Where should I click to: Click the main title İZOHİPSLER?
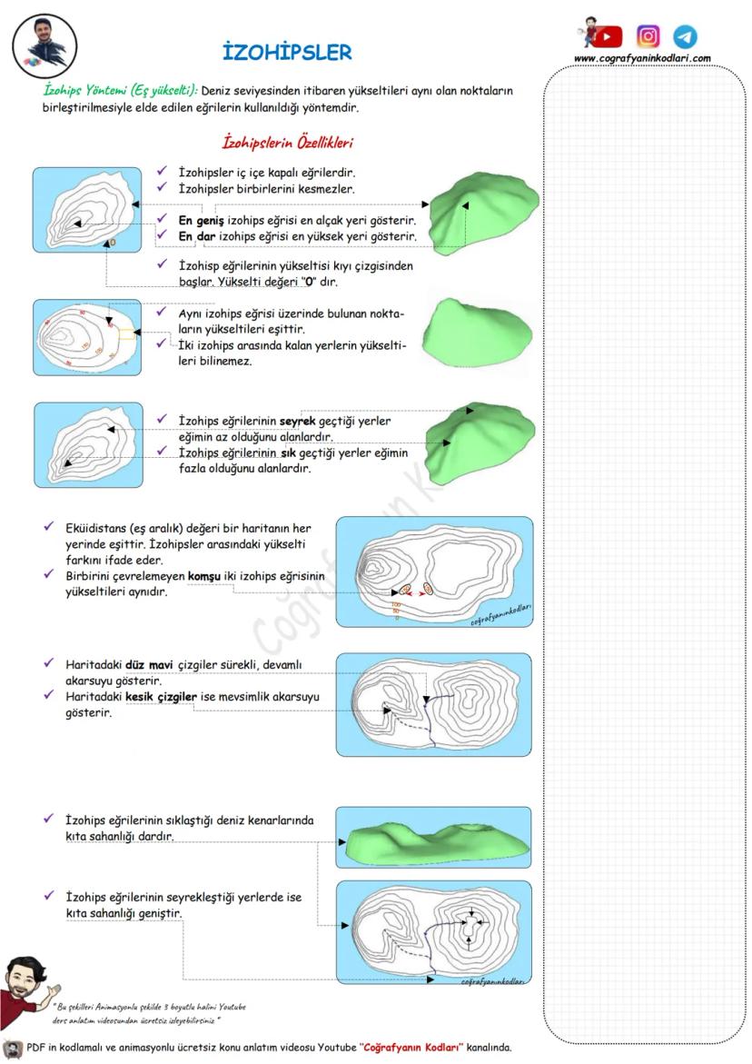pos(286,53)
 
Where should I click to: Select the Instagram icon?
pos(648,36)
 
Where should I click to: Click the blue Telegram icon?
pos(685,36)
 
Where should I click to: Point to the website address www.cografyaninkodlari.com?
pos(642,59)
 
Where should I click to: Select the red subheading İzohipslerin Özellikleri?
pos(288,143)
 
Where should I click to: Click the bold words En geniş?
pos(200,221)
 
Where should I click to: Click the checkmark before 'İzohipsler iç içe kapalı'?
pos(161,171)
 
